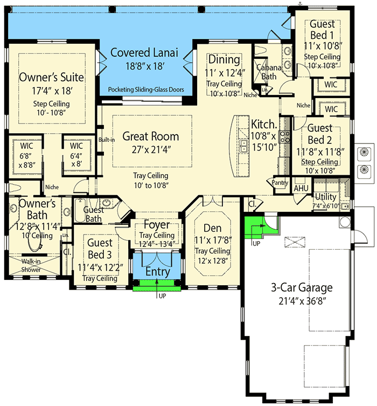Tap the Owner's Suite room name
click(x=52, y=77)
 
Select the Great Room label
click(x=150, y=136)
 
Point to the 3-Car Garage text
click(x=301, y=287)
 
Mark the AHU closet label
click(x=301, y=188)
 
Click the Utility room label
click(x=326, y=197)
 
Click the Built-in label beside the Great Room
click(x=106, y=140)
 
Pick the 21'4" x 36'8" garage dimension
click(x=301, y=301)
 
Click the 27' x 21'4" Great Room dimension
click(x=150, y=149)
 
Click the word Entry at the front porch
click(x=157, y=272)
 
